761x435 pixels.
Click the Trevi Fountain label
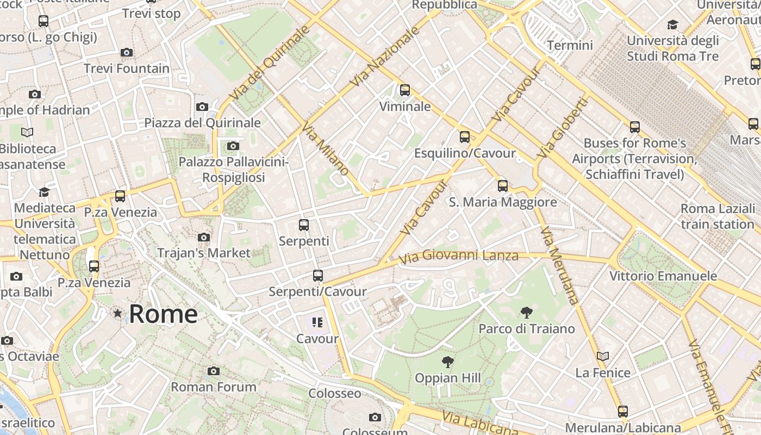click(x=127, y=69)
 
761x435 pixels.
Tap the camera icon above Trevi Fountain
click(x=127, y=52)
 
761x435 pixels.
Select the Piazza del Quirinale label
click(x=202, y=123)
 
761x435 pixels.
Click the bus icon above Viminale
click(x=405, y=90)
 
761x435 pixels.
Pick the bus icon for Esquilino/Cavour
click(x=464, y=136)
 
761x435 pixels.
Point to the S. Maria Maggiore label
click(x=503, y=202)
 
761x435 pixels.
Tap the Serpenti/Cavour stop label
click(x=318, y=292)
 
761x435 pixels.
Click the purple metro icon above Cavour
click(x=317, y=322)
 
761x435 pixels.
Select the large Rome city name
click(x=163, y=314)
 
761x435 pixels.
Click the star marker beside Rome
click(x=117, y=313)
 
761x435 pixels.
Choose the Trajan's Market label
click(x=204, y=253)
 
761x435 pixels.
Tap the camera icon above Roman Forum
click(x=214, y=371)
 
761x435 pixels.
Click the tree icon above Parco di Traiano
click(x=526, y=312)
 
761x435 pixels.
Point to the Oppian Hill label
click(x=448, y=378)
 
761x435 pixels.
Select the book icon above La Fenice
click(x=602, y=356)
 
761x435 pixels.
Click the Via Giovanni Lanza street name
click(x=459, y=256)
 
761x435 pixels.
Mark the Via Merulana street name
click(x=560, y=265)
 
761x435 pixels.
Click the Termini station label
click(x=570, y=45)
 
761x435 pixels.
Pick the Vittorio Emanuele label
click(x=663, y=276)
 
